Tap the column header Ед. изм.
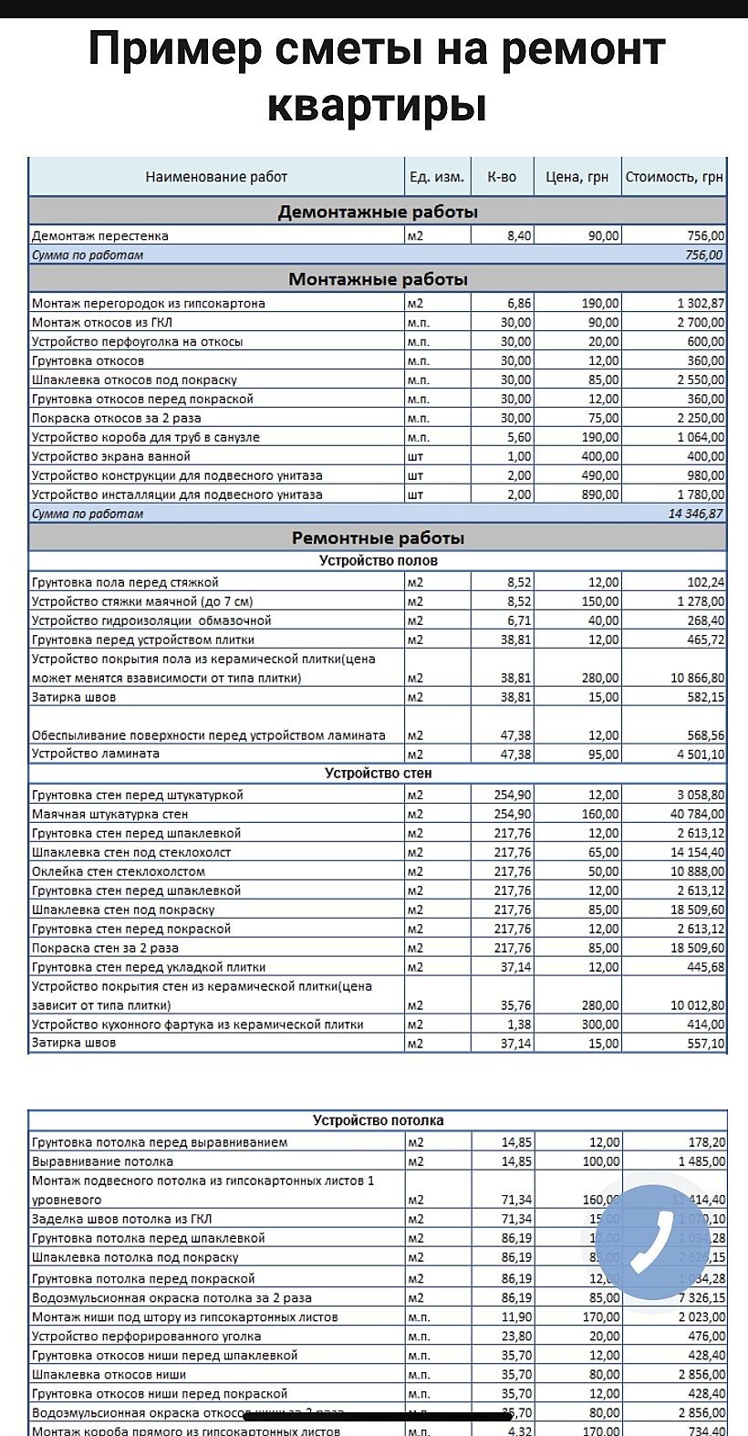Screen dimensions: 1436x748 click(x=437, y=177)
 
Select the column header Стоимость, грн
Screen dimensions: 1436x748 click(x=674, y=177)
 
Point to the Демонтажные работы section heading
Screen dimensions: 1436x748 click(x=378, y=213)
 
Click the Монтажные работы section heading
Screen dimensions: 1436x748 click(x=378, y=279)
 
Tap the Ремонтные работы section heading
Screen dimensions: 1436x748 click(x=378, y=537)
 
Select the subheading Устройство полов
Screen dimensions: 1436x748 click(x=378, y=560)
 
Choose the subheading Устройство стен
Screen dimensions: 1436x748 click(x=378, y=774)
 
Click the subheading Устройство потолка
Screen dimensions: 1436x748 click(x=378, y=1120)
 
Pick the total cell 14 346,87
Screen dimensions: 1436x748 click(x=696, y=514)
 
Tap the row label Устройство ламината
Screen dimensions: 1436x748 click(x=96, y=754)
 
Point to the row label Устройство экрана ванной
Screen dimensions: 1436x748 click(x=110, y=456)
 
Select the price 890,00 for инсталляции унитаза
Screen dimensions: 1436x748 click(x=600, y=494)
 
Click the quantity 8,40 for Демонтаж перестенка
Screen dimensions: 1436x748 click(x=519, y=236)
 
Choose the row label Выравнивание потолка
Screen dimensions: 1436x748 click(x=102, y=1161)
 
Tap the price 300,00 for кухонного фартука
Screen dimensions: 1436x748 click(x=600, y=1025)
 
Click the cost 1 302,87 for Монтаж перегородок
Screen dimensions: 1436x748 click(x=701, y=303)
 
